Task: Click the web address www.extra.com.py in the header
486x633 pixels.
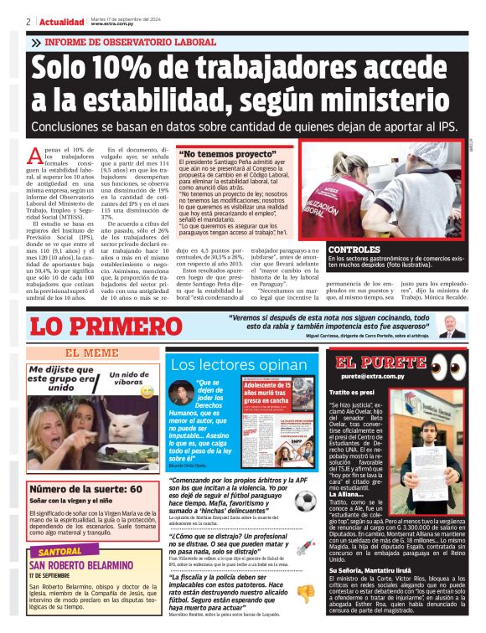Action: [114, 25]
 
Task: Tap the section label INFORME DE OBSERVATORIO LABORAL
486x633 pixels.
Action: [129, 42]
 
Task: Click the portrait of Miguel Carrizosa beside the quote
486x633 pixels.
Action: [452, 326]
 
